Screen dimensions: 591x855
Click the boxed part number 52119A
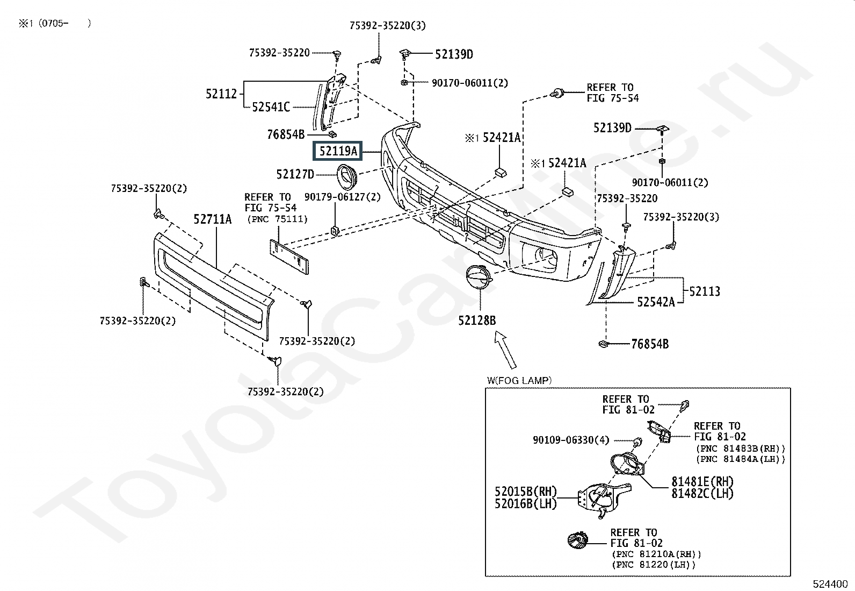click(338, 152)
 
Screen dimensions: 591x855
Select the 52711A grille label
click(213, 219)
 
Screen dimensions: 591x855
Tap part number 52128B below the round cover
click(477, 321)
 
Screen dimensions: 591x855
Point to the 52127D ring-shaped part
click(347, 176)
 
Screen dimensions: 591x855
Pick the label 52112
click(221, 94)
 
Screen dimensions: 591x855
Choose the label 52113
click(705, 291)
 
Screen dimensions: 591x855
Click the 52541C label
click(271, 107)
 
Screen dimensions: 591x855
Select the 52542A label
click(656, 302)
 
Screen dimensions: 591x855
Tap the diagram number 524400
click(830, 584)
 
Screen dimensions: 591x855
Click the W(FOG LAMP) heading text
click(519, 381)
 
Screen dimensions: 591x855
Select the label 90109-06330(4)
click(571, 440)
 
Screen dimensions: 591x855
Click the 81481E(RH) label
click(702, 481)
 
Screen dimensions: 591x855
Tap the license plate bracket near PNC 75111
click(289, 257)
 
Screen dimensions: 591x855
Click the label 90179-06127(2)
click(342, 197)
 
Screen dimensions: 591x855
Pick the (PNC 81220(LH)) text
click(653, 565)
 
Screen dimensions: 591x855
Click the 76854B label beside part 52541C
click(286, 134)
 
